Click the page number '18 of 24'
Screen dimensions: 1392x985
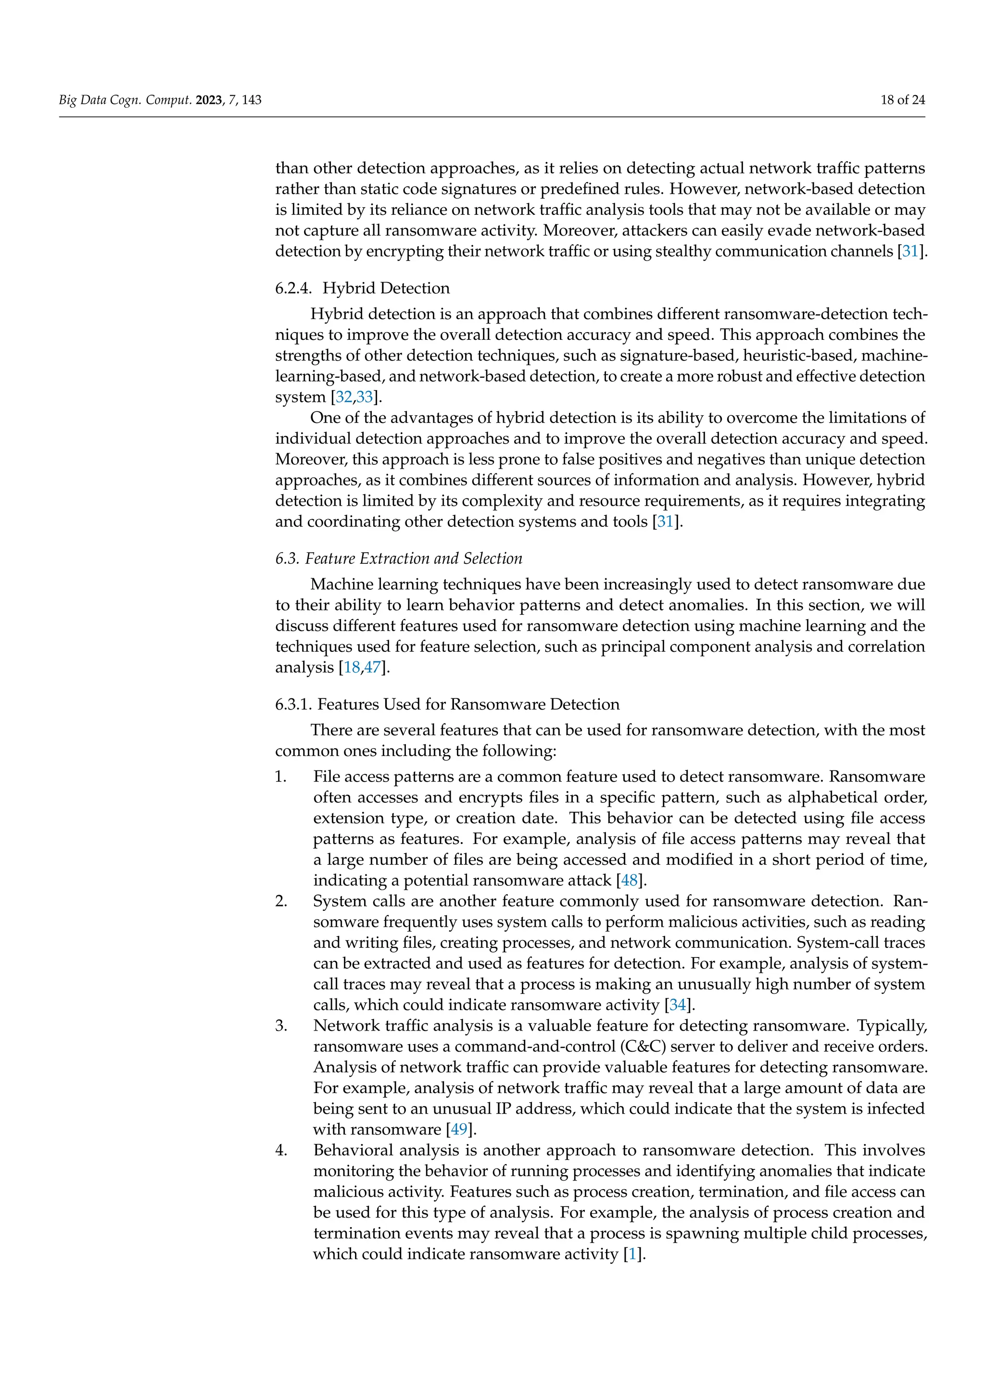point(902,100)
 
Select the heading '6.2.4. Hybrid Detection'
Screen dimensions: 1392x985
point(362,288)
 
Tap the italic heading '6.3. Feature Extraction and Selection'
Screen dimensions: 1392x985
point(399,559)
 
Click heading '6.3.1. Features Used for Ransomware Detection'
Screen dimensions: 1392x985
point(447,705)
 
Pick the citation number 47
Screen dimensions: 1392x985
point(372,668)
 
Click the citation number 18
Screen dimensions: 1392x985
point(352,668)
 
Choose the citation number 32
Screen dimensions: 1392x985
point(344,397)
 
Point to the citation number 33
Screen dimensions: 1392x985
point(365,397)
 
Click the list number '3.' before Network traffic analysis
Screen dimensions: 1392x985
point(281,1026)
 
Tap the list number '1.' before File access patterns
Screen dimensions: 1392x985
point(281,777)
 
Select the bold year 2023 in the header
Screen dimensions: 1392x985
point(209,100)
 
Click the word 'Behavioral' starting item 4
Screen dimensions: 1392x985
point(354,1151)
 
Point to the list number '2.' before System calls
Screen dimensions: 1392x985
point(281,902)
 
